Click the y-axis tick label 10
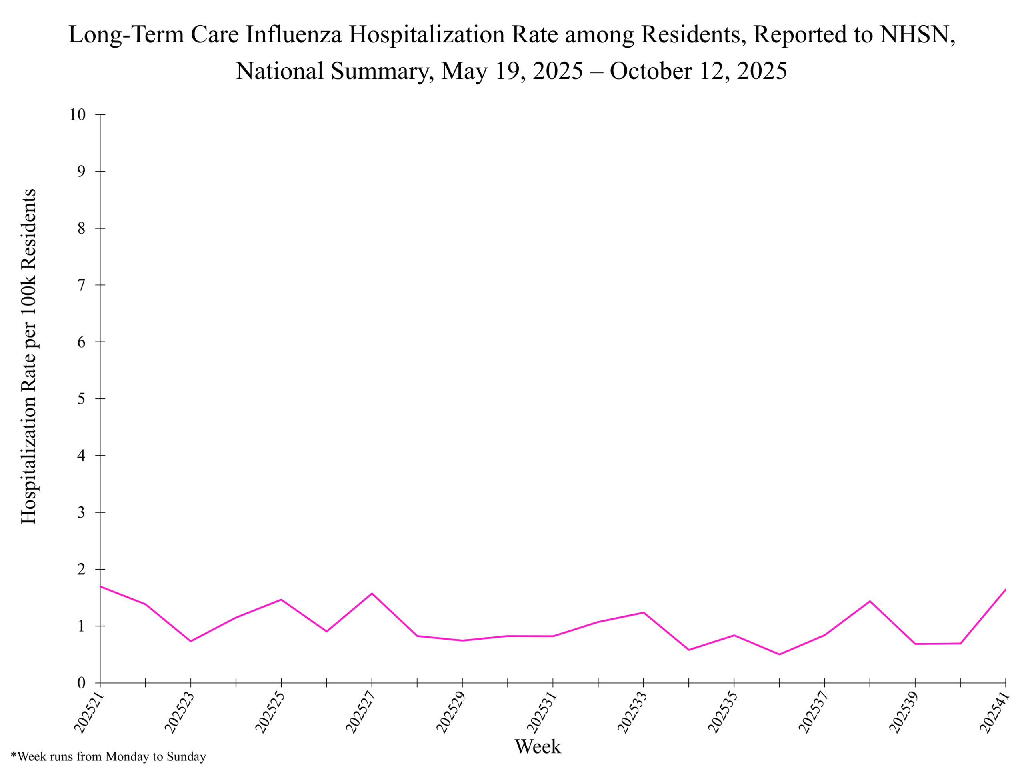coord(78,115)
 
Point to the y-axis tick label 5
coord(82,398)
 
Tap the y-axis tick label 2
coord(82,569)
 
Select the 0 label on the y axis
coord(82,683)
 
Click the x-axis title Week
coord(538,747)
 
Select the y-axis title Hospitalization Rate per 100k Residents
coord(29,356)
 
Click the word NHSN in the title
coord(917,35)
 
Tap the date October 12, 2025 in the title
coord(698,71)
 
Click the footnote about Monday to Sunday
coord(108,756)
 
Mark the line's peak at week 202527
coord(372,594)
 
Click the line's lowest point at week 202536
coord(780,654)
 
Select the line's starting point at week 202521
coord(101,586)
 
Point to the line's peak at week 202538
coord(870,601)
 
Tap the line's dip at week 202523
coord(191,641)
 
